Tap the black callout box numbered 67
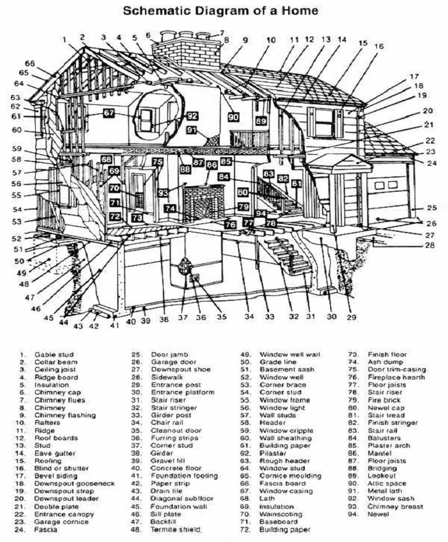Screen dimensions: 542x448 pos(109,113)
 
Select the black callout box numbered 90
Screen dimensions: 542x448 pos(233,117)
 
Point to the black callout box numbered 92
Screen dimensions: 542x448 pos(192,115)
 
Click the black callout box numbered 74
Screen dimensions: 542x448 pos(170,208)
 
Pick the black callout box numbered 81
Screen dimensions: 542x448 pos(297,183)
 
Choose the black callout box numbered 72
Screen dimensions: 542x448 pos(115,216)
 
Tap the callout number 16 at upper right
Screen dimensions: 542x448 pos(378,46)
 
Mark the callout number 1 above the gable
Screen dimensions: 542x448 pos(64,41)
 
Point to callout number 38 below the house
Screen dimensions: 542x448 pos(164,319)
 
